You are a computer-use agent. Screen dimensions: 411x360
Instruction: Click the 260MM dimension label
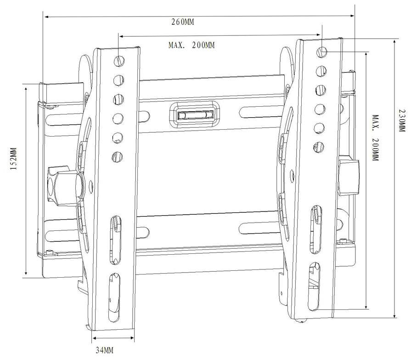[183, 22]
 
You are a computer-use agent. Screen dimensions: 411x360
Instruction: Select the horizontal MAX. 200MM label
[191, 45]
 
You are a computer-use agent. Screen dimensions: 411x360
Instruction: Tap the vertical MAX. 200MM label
[376, 138]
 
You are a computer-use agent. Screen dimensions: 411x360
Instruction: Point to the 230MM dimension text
[402, 120]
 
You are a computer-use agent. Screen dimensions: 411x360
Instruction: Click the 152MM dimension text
[14, 159]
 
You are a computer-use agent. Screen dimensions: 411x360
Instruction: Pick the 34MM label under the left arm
[104, 350]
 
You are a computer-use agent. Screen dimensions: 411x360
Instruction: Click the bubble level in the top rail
[196, 115]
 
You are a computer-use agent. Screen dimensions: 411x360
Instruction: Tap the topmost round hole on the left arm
[119, 61]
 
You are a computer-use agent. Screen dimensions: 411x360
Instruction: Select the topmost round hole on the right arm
[322, 52]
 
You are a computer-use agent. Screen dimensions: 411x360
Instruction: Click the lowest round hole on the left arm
[118, 157]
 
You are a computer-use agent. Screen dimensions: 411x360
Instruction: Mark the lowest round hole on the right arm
[319, 147]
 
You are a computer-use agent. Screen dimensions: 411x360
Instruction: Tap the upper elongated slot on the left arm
[115, 240]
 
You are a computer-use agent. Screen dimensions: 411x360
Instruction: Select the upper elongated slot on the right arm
[316, 229]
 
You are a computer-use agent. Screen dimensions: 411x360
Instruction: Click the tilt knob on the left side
[65, 185]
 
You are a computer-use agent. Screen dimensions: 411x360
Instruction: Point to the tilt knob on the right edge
[349, 175]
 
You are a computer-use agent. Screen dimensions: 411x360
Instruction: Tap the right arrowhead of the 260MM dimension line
[352, 16]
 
